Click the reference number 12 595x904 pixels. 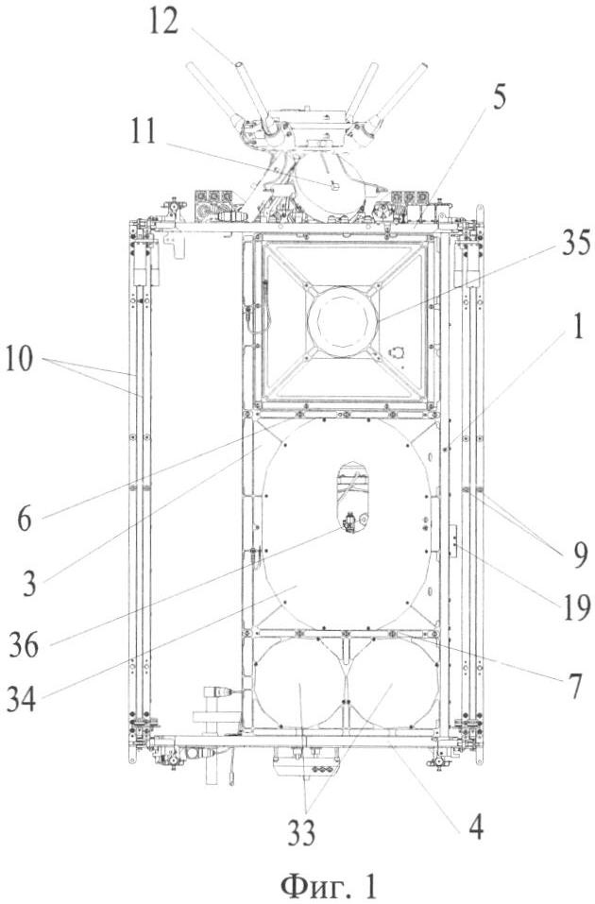click(x=163, y=22)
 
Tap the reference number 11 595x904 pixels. click(x=143, y=131)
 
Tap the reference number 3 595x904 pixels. click(x=29, y=583)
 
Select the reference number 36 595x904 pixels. click(x=25, y=645)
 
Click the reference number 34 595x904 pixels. click(x=22, y=699)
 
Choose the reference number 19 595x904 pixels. click(x=575, y=607)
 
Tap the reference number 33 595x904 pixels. click(x=301, y=832)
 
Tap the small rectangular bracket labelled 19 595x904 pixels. click(x=453, y=540)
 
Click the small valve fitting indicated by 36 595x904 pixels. click(x=349, y=524)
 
